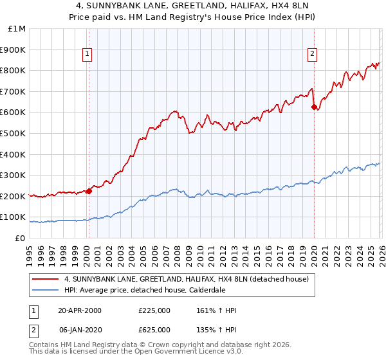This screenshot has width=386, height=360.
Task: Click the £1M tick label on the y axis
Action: (17, 28)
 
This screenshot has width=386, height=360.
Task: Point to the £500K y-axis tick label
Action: (14, 133)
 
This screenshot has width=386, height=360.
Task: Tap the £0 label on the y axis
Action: (20, 238)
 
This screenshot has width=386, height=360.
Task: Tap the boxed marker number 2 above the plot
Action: (312, 54)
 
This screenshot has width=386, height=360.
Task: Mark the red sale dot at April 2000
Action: (89, 190)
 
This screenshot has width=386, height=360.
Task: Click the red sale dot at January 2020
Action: (313, 107)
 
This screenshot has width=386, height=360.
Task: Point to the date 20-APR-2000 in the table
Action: (80, 310)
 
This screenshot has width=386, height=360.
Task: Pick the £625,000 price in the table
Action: (154, 329)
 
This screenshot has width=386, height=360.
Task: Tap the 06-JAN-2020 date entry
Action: (80, 329)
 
